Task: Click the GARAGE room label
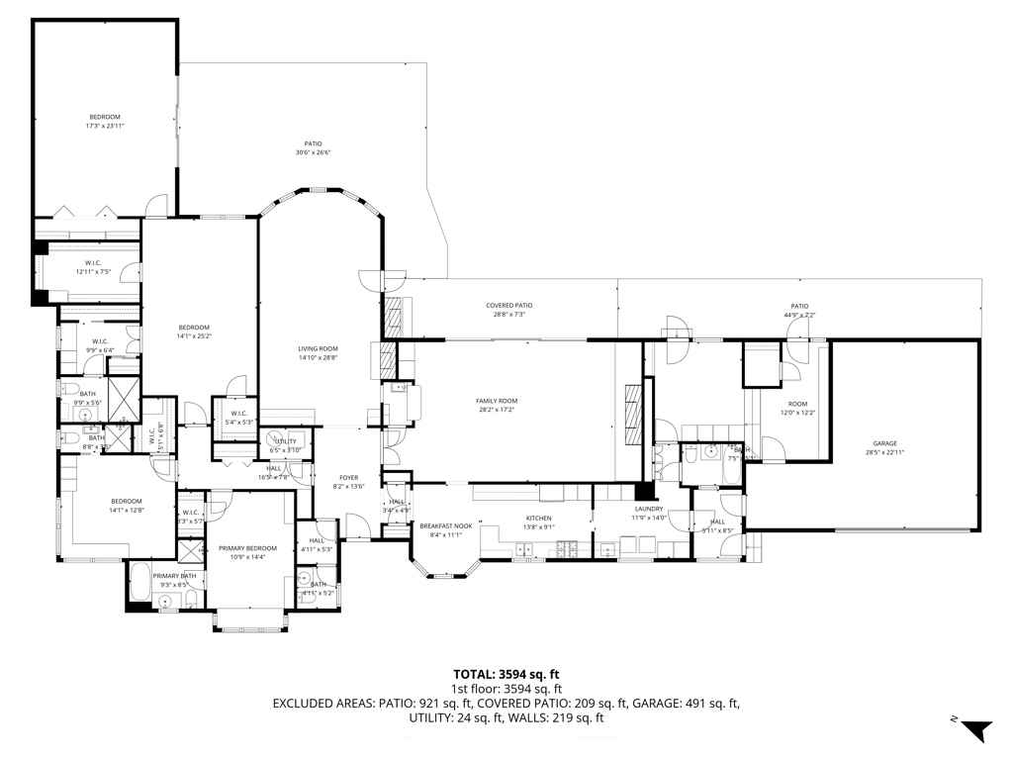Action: click(884, 443)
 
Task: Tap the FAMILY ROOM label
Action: click(497, 401)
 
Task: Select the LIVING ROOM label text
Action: click(319, 348)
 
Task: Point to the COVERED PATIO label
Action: click(508, 306)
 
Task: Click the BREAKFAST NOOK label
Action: click(440, 525)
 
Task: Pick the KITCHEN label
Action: click(538, 518)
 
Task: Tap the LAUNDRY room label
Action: click(649, 509)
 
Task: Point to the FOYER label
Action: click(348, 477)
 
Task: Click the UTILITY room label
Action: click(285, 441)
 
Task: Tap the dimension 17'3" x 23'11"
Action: click(105, 126)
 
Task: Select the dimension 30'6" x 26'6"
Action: click(313, 152)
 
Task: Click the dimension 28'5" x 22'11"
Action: click(884, 452)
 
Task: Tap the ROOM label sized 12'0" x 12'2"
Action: click(797, 404)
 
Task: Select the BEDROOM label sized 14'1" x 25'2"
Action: click(194, 328)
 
